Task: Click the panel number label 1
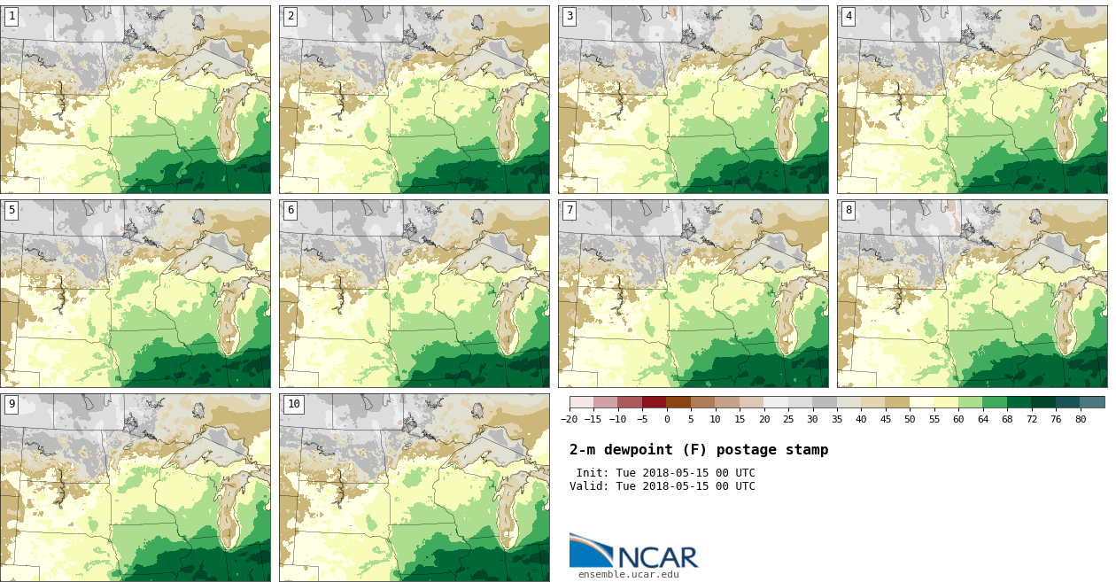tap(12, 16)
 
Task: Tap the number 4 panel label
tap(849, 16)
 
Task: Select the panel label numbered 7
tap(570, 210)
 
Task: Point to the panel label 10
tap(293, 404)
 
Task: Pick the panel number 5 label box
tap(12, 210)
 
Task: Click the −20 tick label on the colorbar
tap(569, 420)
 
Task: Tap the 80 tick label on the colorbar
tap(1080, 420)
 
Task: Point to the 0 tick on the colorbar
tap(666, 420)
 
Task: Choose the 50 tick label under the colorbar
tap(910, 420)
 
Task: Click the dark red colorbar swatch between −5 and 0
tap(654, 402)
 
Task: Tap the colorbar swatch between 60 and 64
tap(970, 402)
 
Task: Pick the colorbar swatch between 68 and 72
tap(1019, 402)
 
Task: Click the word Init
tap(592, 473)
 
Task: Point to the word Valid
tap(587, 486)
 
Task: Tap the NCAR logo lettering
tap(657, 557)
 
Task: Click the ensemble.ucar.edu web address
tap(628, 575)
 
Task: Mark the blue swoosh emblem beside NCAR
tap(590, 550)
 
